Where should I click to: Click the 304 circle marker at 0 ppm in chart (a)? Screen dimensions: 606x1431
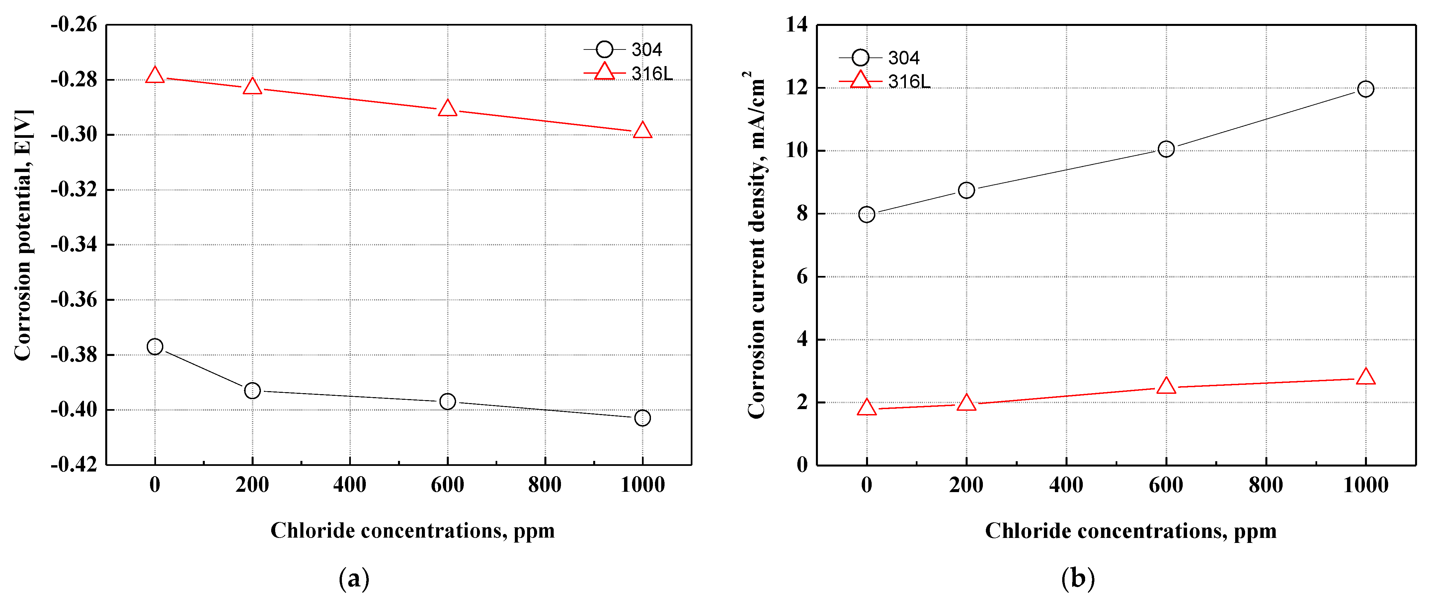155,347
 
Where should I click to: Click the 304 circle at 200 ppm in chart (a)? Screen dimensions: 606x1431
252,390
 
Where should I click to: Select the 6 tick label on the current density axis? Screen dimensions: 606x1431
802,277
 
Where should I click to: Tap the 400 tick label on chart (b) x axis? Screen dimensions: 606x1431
1066,485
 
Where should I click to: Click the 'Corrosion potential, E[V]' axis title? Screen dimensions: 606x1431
23,235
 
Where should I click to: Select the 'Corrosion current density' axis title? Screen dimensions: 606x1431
756,244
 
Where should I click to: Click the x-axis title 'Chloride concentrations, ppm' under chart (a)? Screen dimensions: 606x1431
412,531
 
